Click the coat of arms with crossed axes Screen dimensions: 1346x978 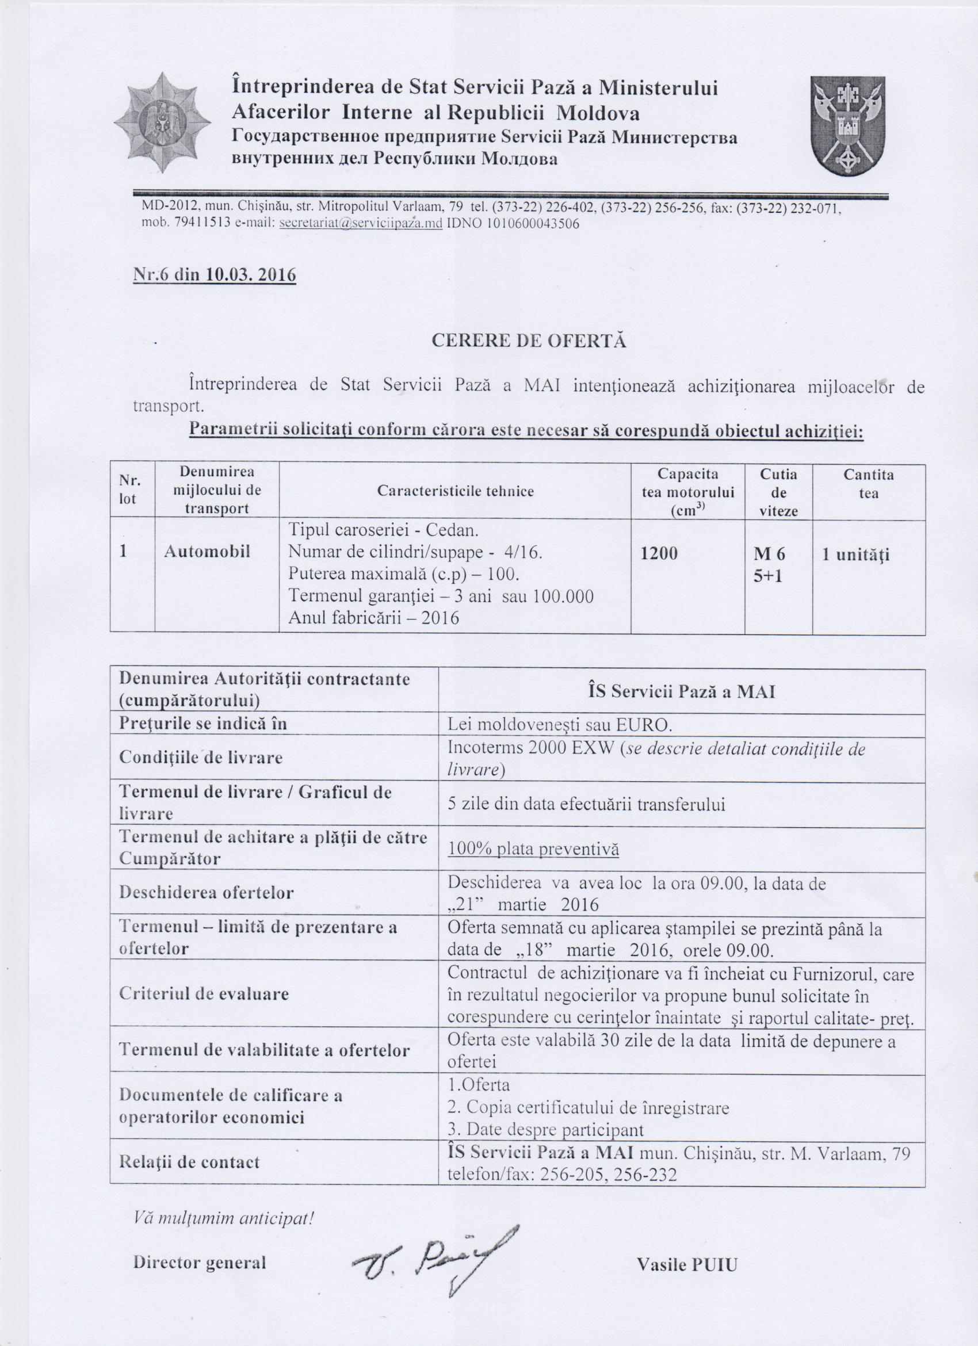click(x=849, y=126)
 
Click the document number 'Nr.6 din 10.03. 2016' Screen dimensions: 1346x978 click(x=214, y=276)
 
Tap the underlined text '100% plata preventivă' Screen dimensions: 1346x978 click(x=533, y=848)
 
